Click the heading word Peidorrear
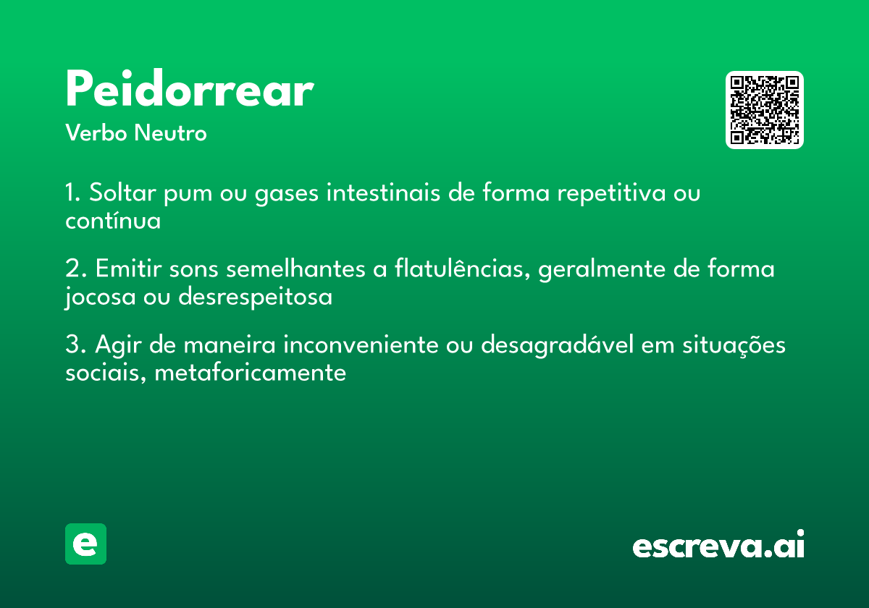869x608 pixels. pyautogui.click(x=190, y=88)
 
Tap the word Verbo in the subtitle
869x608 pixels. pyautogui.click(x=96, y=132)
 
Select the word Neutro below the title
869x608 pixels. pyautogui.click(x=171, y=132)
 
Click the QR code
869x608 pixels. pyautogui.click(x=764, y=110)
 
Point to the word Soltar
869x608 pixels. pyautogui.click(x=122, y=193)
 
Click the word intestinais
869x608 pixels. pyautogui.click(x=383, y=193)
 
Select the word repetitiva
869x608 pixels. pyautogui.click(x=611, y=193)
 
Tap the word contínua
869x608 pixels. pyautogui.click(x=113, y=220)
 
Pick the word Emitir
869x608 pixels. pyautogui.click(x=128, y=269)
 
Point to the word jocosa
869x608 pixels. pyautogui.click(x=100, y=297)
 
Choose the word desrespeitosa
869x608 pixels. pyautogui.click(x=255, y=297)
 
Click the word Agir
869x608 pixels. pyautogui.click(x=118, y=345)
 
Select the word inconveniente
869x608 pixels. pyautogui.click(x=361, y=345)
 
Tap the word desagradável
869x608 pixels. pyautogui.click(x=558, y=345)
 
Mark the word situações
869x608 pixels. pyautogui.click(x=734, y=345)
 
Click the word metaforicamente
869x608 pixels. pyautogui.click(x=251, y=372)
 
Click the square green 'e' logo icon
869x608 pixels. pyautogui.click(x=85, y=544)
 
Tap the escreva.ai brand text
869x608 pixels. pyautogui.click(x=718, y=544)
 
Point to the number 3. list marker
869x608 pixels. pyautogui.click(x=75, y=345)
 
